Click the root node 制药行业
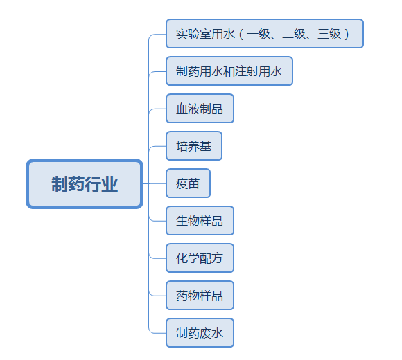click(x=85, y=184)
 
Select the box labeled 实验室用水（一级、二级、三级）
click(x=265, y=33)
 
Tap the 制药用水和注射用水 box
click(x=229, y=71)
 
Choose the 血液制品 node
click(x=200, y=108)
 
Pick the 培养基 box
click(x=194, y=145)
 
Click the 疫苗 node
click(x=188, y=183)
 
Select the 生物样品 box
click(x=200, y=220)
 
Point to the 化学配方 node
click(x=200, y=258)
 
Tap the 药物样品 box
click(x=200, y=295)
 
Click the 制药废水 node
click(x=200, y=332)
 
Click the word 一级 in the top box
click(x=259, y=34)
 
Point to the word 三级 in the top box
click(x=329, y=34)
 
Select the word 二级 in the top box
click(x=294, y=34)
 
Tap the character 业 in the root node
click(x=110, y=184)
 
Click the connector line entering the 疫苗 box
click(x=155, y=183)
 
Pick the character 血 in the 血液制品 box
click(x=182, y=109)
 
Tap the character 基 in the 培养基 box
click(x=206, y=146)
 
